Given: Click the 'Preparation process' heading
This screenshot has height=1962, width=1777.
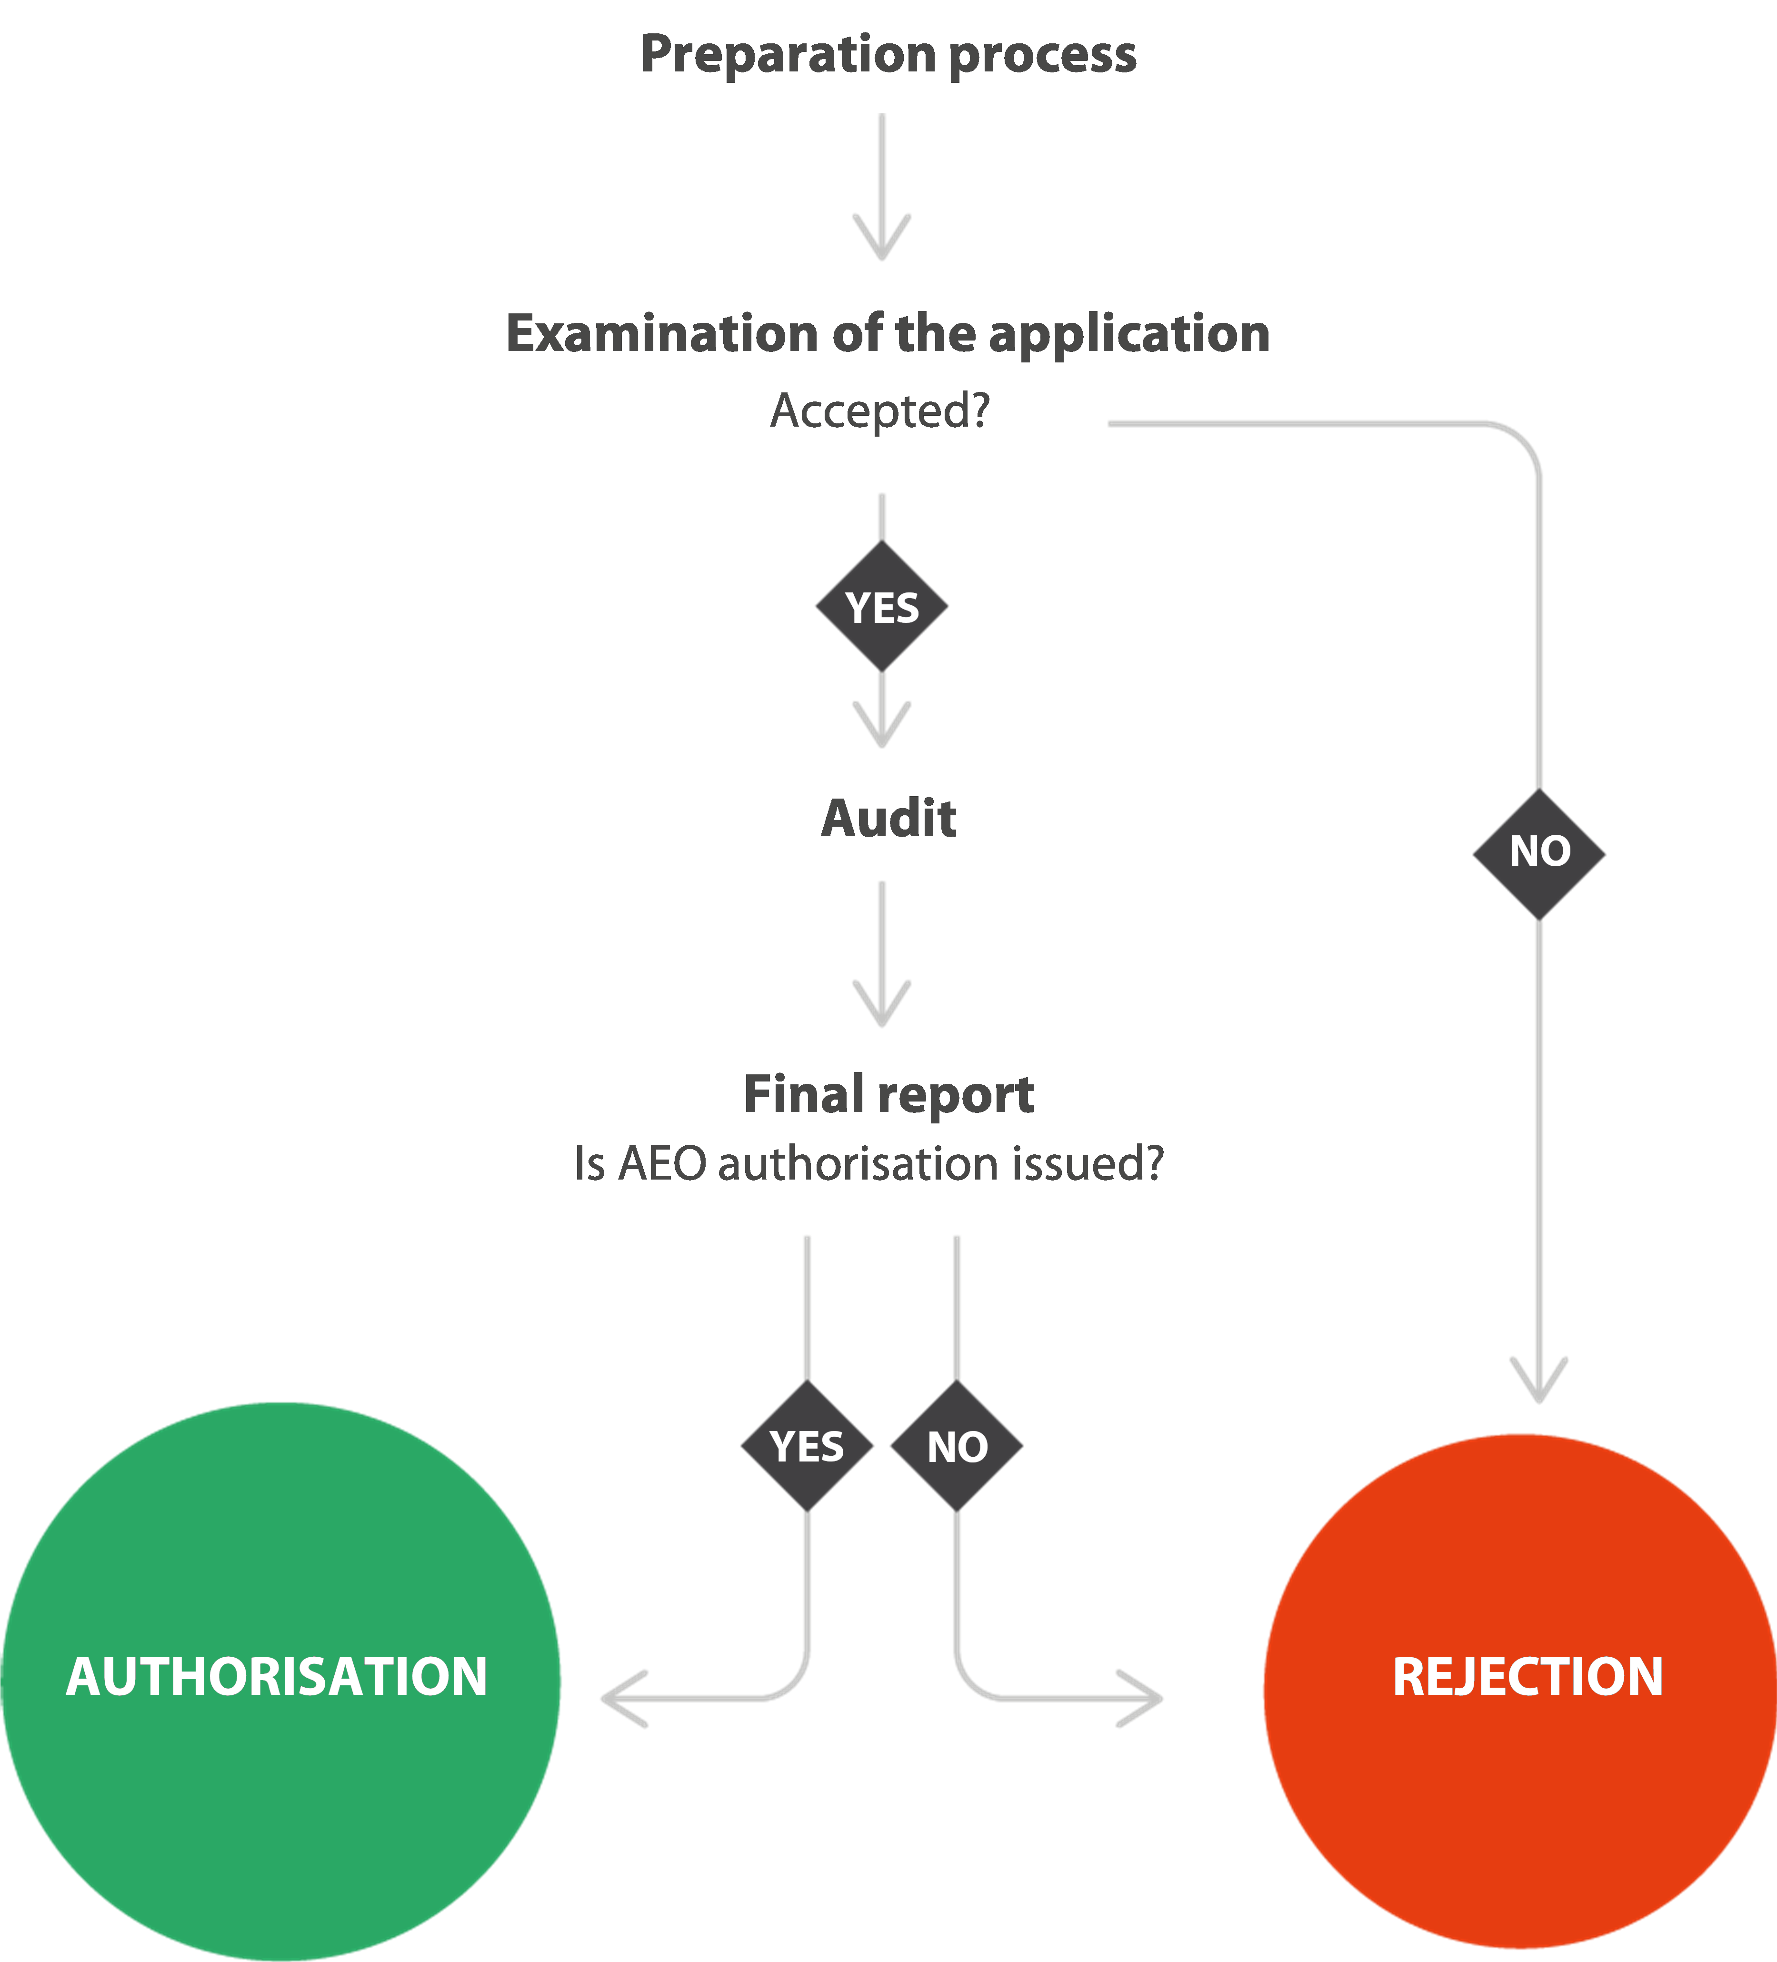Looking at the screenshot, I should pos(888,54).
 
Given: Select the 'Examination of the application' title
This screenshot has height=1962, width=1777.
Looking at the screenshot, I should pos(888,334).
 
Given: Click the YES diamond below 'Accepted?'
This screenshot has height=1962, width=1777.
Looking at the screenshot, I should pos(882,607).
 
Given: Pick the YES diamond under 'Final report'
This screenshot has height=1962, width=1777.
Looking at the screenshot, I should pos(807,1446).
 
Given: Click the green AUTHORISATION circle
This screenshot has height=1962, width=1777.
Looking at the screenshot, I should pos(280,1679).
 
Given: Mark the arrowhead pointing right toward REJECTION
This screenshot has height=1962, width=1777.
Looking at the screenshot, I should pos(1145,1698).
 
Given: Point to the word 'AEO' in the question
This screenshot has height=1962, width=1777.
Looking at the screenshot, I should pos(662,1164).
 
